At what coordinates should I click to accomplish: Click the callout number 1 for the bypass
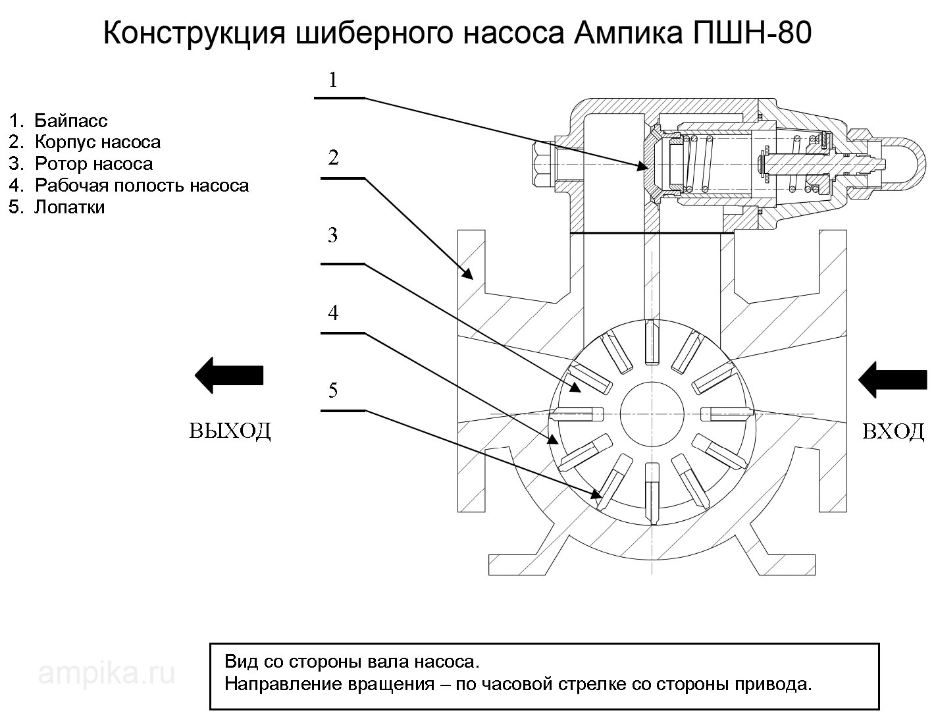coord(333,80)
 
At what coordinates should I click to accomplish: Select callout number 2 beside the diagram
coord(334,158)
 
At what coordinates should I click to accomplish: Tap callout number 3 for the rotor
coord(333,235)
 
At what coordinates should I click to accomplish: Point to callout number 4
coord(333,313)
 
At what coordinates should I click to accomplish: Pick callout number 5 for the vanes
coord(333,390)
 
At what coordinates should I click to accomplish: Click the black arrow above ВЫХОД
coord(229,375)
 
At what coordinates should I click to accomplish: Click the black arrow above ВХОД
coord(893,380)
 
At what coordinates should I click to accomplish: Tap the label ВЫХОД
coord(230,430)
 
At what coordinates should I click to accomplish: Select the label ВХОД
coord(893,432)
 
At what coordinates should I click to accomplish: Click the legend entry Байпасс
coord(70,120)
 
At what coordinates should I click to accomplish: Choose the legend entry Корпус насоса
coord(97,142)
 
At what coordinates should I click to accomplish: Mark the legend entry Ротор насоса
coord(93,163)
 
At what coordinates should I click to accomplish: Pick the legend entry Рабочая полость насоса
coord(142,185)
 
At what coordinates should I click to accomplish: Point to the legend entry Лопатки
coord(69,207)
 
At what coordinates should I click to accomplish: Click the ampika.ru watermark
coord(107,673)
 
